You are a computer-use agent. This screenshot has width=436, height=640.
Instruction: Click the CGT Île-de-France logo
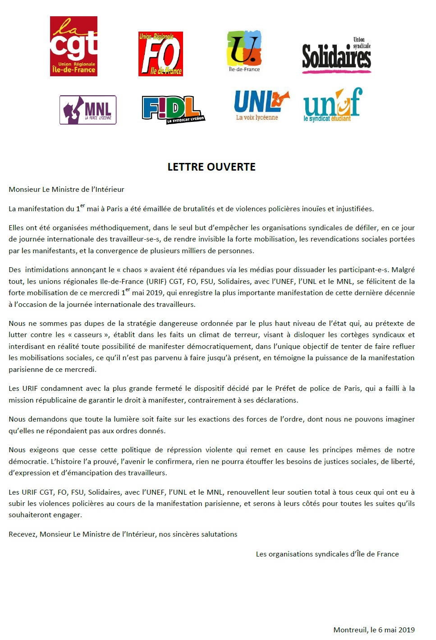click(x=73, y=46)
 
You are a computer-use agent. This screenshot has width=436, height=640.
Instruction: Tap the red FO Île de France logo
click(x=161, y=54)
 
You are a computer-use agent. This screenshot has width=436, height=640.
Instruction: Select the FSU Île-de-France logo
click(x=244, y=51)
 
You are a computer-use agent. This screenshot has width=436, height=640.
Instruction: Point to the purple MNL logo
click(x=88, y=110)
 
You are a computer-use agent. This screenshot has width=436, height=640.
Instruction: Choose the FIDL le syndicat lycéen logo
click(x=173, y=110)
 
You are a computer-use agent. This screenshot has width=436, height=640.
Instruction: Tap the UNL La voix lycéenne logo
click(x=261, y=105)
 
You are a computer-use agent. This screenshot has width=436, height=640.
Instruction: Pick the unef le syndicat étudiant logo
click(x=332, y=106)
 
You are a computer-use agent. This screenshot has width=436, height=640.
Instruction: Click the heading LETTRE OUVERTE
click(x=211, y=167)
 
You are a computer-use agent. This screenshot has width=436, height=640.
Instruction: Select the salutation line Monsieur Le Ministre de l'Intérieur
click(x=66, y=190)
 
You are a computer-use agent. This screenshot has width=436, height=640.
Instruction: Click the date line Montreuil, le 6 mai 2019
click(x=374, y=630)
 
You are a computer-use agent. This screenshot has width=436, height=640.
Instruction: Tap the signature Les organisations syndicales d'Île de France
click(x=327, y=554)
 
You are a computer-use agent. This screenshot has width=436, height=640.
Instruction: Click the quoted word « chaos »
click(x=132, y=270)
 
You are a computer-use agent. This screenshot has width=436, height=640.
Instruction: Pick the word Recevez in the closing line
click(x=23, y=534)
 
